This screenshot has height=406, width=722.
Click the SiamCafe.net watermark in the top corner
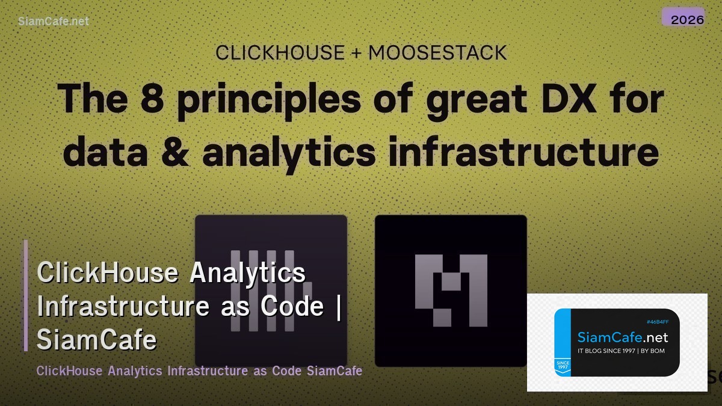[54, 21]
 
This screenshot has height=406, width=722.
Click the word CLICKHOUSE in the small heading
[279, 53]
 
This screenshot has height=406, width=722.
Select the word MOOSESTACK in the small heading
[437, 53]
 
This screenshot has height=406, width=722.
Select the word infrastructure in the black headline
[523, 152]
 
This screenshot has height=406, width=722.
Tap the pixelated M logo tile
[451, 290]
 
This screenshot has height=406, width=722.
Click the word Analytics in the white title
[248, 272]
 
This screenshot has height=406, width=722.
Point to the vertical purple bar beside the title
[26, 295]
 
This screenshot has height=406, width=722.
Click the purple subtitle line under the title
[199, 371]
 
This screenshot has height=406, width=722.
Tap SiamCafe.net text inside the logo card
[622, 337]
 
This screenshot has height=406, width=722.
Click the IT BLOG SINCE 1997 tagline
[621, 351]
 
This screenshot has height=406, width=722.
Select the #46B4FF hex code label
[657, 322]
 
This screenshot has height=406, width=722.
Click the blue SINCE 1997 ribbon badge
[563, 366]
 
